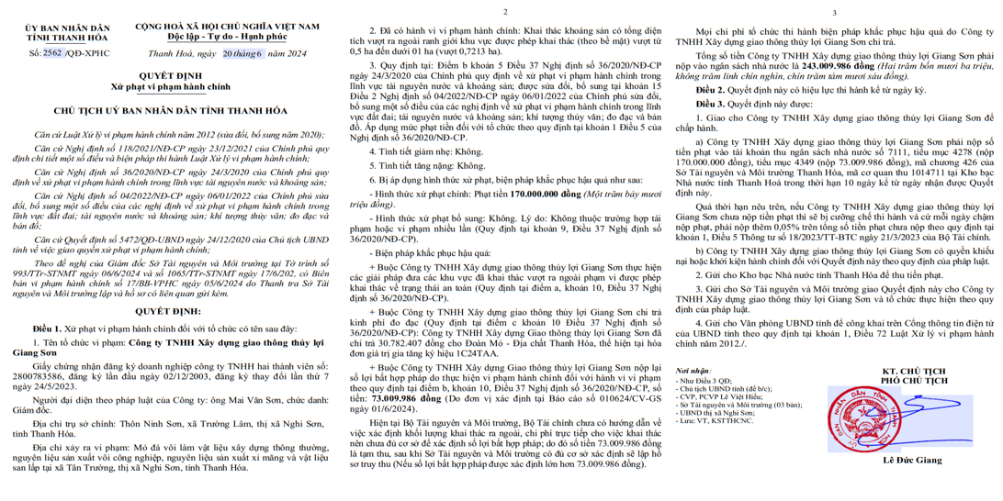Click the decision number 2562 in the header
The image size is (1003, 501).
click(x=53, y=53)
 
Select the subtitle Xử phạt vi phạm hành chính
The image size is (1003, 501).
click(x=168, y=85)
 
